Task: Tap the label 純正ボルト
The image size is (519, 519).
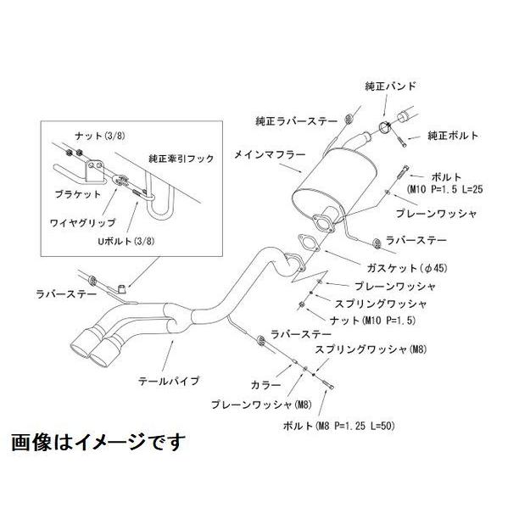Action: (453, 136)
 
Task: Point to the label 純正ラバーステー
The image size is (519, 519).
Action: (291, 120)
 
